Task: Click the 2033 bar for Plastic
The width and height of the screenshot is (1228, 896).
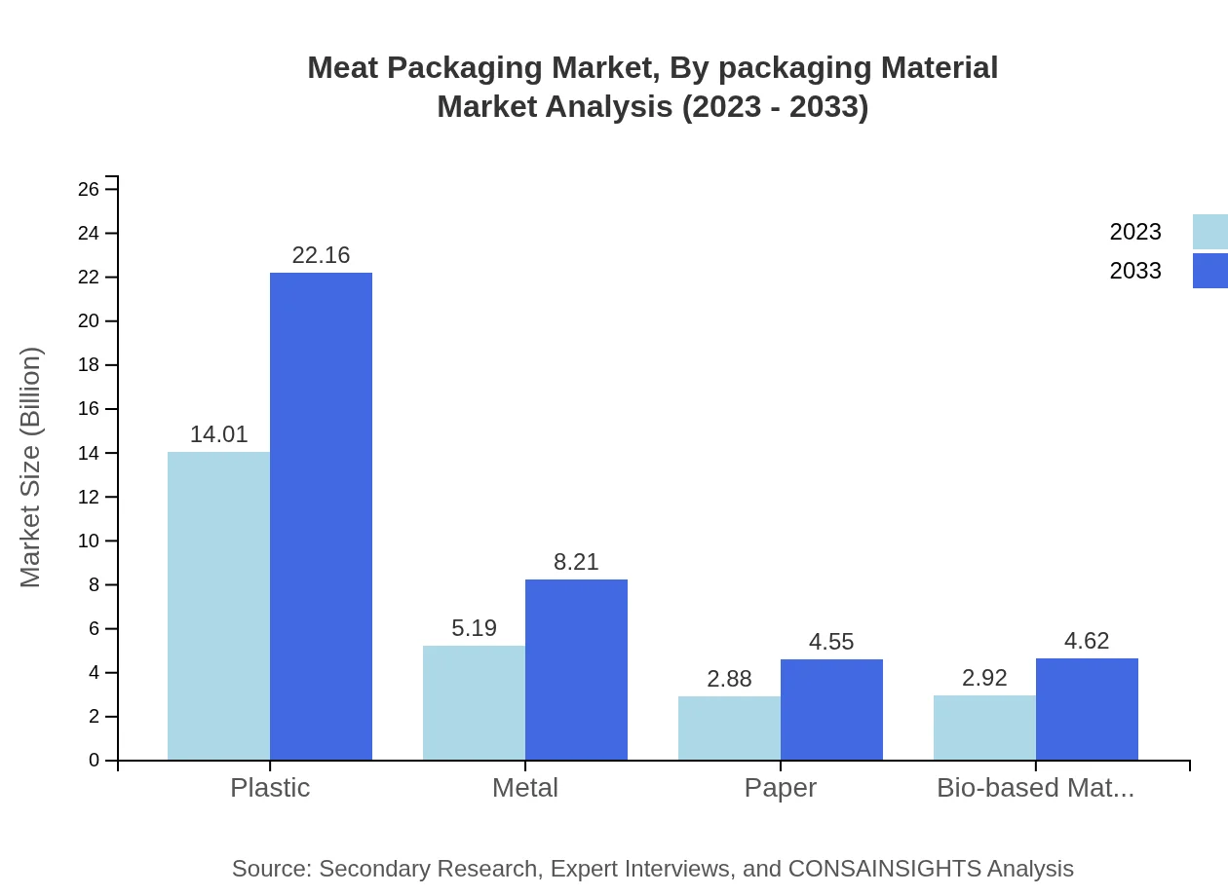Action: [321, 516]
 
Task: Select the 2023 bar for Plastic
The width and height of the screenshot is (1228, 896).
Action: [218, 606]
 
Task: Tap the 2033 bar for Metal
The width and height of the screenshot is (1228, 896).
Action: [576, 670]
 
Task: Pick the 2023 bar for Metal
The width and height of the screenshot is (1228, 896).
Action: [474, 703]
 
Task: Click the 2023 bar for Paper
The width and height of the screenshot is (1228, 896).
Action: [729, 728]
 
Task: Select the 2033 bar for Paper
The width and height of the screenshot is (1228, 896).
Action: [831, 710]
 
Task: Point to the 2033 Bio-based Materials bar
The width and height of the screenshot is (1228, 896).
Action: [1087, 709]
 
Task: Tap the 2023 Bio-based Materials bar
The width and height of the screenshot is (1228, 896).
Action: [984, 728]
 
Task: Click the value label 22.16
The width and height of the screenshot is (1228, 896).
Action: [321, 255]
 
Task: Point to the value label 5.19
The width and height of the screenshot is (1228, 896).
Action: [474, 628]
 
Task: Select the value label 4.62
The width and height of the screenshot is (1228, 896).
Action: [1087, 641]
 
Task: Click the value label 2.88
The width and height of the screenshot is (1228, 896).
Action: [729, 679]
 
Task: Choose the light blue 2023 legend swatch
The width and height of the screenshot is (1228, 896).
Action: [1209, 232]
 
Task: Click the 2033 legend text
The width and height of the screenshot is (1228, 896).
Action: [1135, 271]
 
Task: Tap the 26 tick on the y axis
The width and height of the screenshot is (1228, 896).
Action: [89, 189]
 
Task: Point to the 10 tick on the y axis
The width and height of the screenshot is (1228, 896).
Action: [89, 541]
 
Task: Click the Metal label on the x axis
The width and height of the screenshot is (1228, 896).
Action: [525, 787]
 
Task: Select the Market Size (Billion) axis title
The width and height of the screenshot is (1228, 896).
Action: [31, 467]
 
